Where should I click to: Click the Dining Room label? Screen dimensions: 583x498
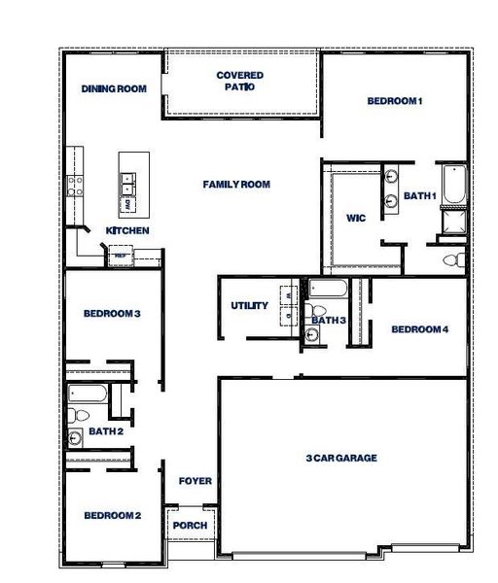pos(114,89)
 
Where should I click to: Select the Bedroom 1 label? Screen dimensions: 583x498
pos(395,101)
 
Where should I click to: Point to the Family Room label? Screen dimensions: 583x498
pos(236,185)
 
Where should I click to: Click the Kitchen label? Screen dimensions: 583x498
pos(127,231)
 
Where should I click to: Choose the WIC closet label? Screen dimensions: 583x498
pos(355,219)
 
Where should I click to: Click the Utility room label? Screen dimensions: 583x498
pos(249,306)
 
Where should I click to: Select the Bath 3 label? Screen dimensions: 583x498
pos(330,321)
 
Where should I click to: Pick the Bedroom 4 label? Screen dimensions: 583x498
pos(419,329)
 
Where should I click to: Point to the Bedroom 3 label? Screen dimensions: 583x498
pos(112,314)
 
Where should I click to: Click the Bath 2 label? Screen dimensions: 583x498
pos(105,431)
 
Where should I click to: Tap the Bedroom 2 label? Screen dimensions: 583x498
pos(112,516)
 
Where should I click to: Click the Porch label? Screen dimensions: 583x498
pos(189,526)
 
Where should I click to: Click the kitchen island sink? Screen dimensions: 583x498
pos(128,180)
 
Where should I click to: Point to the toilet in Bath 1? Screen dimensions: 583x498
pos(450,259)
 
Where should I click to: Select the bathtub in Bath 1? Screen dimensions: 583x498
pos(452,187)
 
